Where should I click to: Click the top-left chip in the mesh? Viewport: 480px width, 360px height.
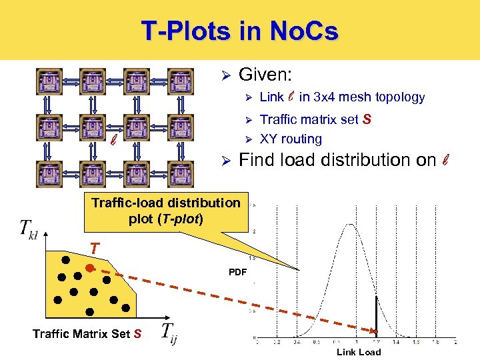point(49,83)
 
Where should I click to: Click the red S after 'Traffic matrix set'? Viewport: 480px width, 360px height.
point(367,120)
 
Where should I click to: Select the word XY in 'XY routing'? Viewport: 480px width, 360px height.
point(268,139)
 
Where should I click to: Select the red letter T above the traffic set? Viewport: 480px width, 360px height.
point(95,249)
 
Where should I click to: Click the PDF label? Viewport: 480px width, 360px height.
point(237,273)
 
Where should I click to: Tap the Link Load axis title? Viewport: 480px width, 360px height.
point(358,352)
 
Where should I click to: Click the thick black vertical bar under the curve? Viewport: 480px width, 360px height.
point(375,313)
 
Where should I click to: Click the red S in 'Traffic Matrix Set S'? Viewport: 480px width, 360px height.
point(137,333)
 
